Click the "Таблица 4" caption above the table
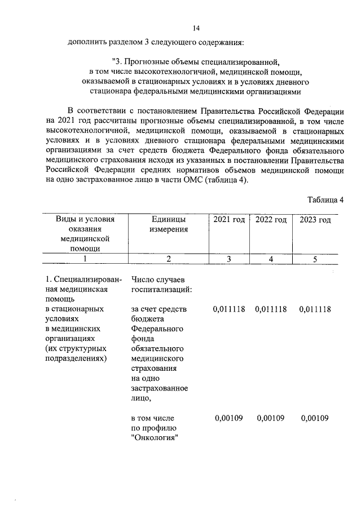[x=325, y=200]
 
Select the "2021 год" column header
[x=229, y=219]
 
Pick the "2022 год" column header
[x=271, y=219]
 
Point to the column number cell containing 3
[x=229, y=259]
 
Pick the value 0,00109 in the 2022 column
[x=271, y=418]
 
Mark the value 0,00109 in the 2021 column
[x=229, y=418]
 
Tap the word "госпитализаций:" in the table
[x=161, y=290]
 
